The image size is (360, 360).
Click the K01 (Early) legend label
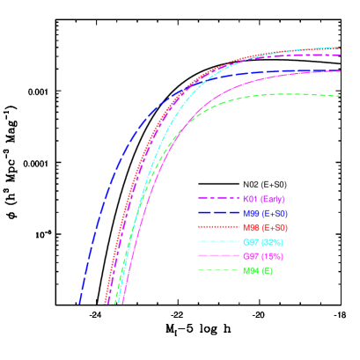(263, 199)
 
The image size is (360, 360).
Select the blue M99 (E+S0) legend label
(265, 213)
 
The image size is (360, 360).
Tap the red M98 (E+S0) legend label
(265, 227)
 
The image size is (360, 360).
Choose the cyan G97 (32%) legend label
(263, 241)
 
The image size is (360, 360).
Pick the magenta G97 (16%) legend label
(263, 255)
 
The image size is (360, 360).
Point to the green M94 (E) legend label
(258, 269)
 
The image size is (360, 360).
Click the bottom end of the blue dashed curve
(80, 303)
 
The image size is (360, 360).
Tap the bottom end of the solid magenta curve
(122, 303)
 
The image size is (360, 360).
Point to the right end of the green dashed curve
(340, 96)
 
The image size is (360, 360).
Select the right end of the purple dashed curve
(340, 55)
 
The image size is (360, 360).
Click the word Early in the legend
(272, 199)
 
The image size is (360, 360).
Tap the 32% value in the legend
(272, 241)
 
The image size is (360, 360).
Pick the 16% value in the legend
(272, 255)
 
